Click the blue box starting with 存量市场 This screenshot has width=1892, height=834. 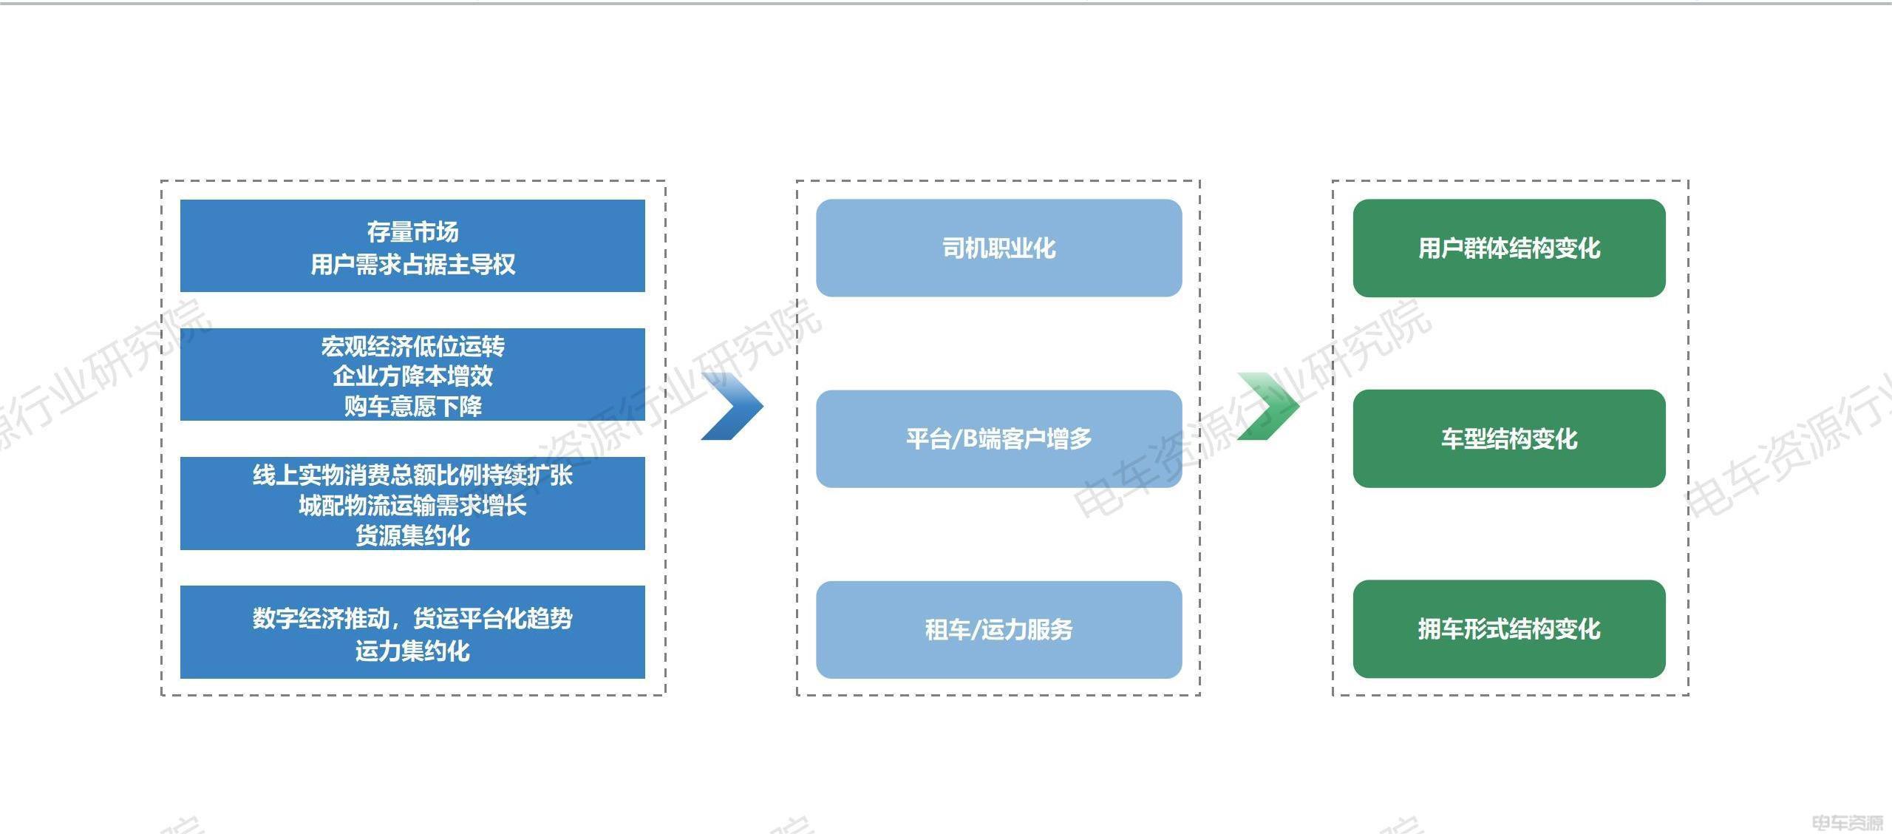point(412,245)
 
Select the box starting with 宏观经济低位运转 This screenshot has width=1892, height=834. point(412,374)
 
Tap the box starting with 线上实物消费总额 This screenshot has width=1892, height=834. point(412,504)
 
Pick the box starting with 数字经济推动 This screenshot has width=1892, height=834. point(412,632)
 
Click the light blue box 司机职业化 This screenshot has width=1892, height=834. point(999,248)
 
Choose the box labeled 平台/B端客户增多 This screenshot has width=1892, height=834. point(999,438)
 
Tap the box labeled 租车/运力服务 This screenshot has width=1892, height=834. point(999,630)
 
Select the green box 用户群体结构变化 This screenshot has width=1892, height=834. point(1509,248)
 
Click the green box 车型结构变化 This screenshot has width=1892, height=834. point(1509,438)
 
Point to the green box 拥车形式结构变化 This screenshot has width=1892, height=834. point(1509,629)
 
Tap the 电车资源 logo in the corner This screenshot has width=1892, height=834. point(1848,822)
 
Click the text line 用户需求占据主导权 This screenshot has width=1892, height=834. point(412,264)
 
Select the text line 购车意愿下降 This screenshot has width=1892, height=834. point(412,406)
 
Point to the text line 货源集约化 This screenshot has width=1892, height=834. point(412,535)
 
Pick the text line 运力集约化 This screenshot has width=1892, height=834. point(412,651)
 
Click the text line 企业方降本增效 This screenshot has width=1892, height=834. point(412,376)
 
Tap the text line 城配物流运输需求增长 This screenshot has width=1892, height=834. point(412,506)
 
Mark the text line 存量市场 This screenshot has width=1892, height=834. point(412,232)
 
